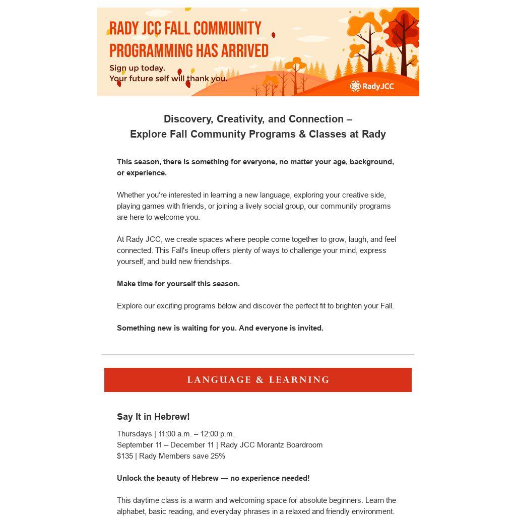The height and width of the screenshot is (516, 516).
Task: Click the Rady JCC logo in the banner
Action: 372,86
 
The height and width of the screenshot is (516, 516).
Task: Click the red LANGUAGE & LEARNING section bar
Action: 258,380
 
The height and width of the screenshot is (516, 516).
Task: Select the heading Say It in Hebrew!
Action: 153,417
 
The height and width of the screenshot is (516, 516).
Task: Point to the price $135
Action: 125,456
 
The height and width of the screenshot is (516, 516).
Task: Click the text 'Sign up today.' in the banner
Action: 137,68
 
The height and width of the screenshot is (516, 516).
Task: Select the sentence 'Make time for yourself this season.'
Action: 178,284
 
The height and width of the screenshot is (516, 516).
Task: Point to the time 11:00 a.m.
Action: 175,434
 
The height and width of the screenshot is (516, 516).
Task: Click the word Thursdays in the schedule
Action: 134,434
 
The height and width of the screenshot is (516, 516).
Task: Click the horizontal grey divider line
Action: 258,355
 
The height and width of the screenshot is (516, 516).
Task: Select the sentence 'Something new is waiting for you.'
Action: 176,328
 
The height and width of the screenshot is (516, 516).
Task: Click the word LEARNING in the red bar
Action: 299,380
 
